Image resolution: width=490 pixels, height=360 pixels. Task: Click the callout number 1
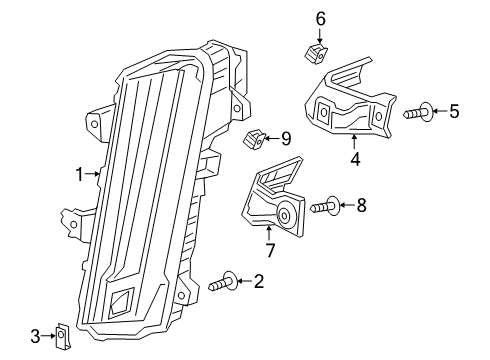click(x=78, y=173)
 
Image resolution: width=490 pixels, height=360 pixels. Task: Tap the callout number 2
click(x=258, y=281)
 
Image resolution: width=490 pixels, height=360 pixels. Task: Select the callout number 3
click(x=35, y=335)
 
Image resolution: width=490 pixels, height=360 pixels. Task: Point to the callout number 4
click(x=353, y=157)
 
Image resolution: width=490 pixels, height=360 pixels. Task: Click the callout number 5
click(x=454, y=112)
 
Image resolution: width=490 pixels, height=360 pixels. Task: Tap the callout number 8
click(x=361, y=206)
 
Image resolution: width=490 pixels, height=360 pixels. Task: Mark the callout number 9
click(x=285, y=138)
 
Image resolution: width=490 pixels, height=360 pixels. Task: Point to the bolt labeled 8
click(x=326, y=207)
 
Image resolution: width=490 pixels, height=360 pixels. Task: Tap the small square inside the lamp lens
click(x=125, y=299)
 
